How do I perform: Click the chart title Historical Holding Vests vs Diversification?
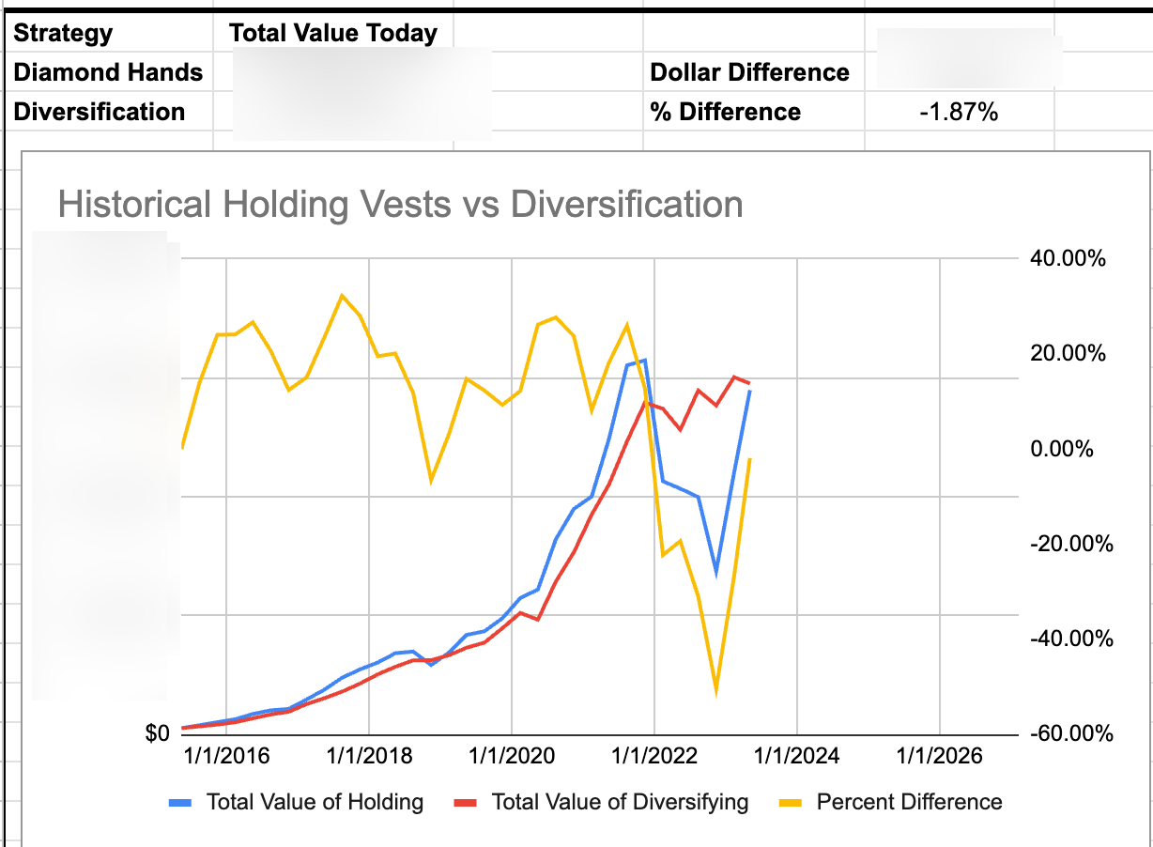(400, 204)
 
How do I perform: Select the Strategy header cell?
(63, 34)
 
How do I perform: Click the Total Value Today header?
(333, 34)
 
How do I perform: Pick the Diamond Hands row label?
(108, 72)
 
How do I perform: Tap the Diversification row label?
(99, 112)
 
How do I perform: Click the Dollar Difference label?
(749, 72)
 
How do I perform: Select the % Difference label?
(725, 112)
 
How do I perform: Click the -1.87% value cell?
(959, 113)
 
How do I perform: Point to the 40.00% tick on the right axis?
(1068, 258)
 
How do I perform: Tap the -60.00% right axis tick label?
(1070, 733)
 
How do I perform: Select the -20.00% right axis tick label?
(1070, 544)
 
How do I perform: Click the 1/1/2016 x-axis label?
(226, 756)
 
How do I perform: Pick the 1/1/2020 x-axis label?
(512, 756)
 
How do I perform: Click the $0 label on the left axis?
(157, 733)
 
